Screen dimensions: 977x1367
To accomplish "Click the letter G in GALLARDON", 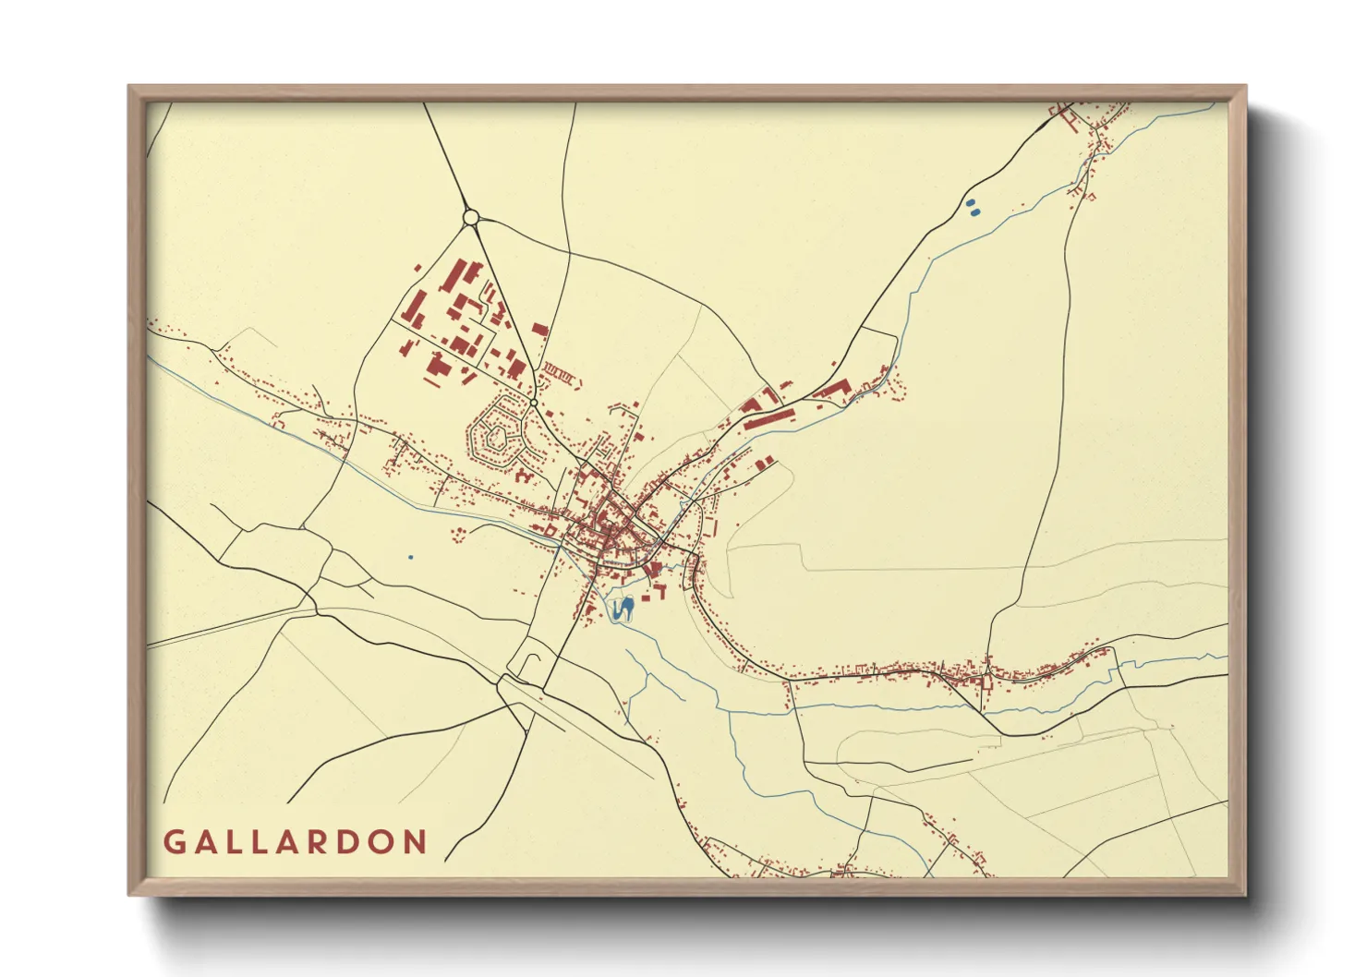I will click(175, 842).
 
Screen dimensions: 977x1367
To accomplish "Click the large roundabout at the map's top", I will click(470, 218).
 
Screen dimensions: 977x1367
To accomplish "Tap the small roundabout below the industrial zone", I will click(534, 403).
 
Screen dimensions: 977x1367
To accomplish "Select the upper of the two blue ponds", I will click(970, 204).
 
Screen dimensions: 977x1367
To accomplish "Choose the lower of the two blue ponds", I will click(975, 213).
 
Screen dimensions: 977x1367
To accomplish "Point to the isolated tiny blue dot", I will click(410, 557).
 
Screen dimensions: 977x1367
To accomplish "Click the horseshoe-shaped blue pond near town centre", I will click(623, 609).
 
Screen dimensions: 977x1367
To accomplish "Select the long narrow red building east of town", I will click(770, 420).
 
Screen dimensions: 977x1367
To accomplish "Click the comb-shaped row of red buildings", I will click(561, 375).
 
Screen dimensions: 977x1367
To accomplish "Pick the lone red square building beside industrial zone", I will click(540, 329).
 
